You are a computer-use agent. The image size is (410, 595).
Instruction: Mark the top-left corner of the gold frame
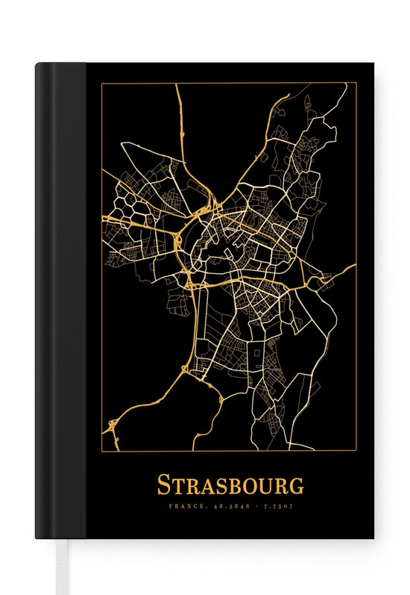click(x=101, y=83)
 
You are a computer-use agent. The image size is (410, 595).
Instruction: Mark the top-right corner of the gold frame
click(x=356, y=83)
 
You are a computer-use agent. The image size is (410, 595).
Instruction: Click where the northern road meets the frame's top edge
click(x=177, y=84)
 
